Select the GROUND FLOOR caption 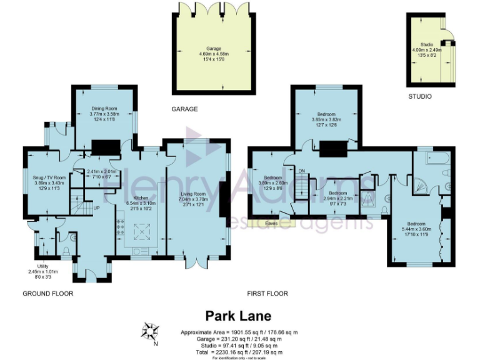coord(48,293)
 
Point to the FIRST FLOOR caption coord(267,293)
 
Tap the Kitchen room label coord(139,197)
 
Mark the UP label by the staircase coord(96,208)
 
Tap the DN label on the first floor coord(301,171)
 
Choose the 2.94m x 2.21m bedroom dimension coord(338,198)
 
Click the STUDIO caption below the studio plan coord(420,97)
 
